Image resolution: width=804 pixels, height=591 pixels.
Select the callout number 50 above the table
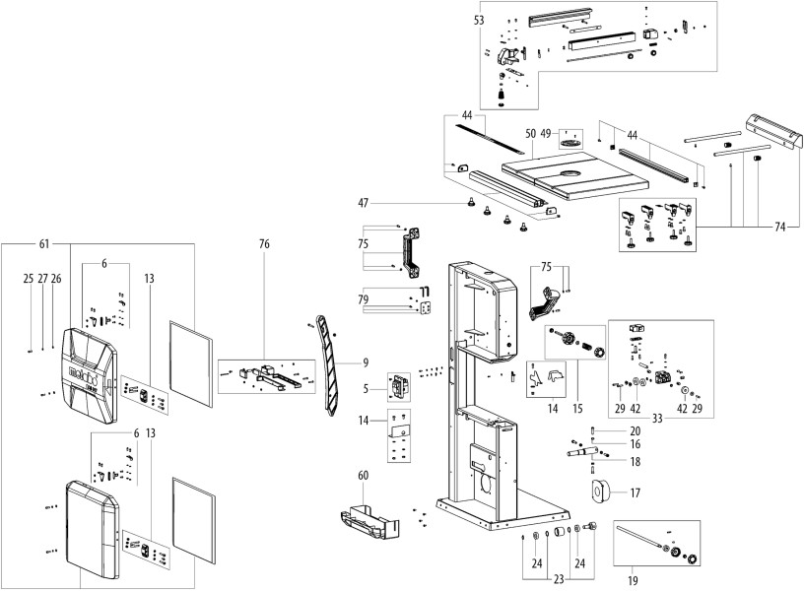click(x=529, y=132)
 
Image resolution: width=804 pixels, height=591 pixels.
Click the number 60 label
click(x=364, y=475)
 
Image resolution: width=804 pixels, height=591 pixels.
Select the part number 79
click(x=363, y=299)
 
